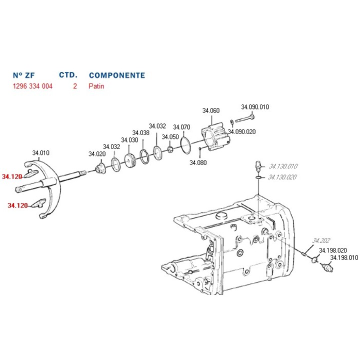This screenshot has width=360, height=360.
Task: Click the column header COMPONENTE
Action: (117, 75)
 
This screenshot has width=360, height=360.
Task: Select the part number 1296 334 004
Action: (32, 86)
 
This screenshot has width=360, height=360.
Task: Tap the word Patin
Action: (96, 86)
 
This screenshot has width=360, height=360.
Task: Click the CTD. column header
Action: (68, 75)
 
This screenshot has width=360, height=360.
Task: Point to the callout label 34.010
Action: (41, 153)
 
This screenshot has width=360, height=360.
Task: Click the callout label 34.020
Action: (97, 153)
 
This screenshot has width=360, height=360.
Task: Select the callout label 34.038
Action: (141, 133)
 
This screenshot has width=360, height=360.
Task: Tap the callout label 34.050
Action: (170, 137)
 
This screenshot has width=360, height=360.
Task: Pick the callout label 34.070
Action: (181, 127)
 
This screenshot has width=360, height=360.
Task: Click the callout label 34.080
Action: (198, 162)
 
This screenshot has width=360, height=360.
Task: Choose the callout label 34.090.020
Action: (241, 131)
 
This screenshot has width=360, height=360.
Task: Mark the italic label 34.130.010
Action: (283, 166)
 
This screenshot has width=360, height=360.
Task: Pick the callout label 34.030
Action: (129, 140)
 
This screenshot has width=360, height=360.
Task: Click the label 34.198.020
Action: (333, 250)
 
